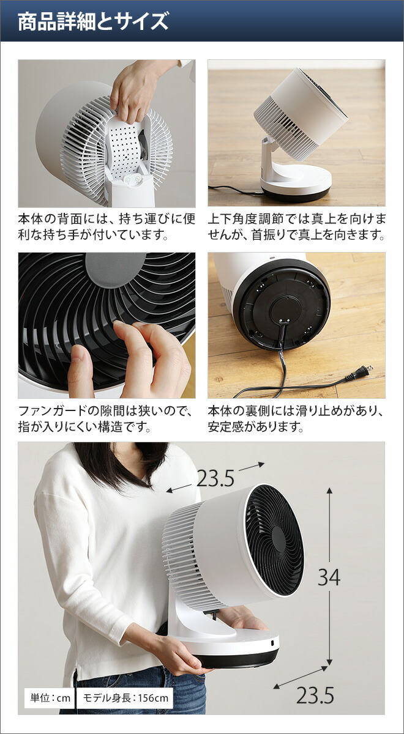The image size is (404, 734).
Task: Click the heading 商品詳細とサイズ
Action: click(93, 23)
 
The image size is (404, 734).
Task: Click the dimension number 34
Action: click(329, 577)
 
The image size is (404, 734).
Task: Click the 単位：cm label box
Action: click(48, 697)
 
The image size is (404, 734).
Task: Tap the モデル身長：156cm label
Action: click(125, 697)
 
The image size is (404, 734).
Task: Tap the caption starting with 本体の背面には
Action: click(107, 226)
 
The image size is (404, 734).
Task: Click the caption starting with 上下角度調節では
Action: click(296, 226)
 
